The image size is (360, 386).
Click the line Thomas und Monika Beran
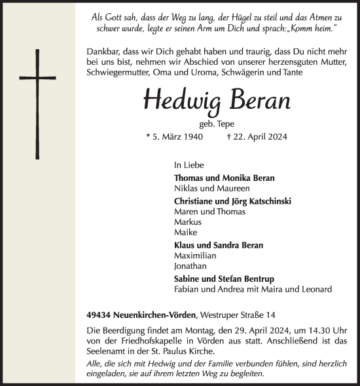(x=224, y=178)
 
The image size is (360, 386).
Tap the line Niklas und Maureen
(x=202, y=189)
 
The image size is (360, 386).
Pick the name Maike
(x=186, y=233)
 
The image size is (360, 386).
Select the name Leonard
(x=314, y=290)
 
